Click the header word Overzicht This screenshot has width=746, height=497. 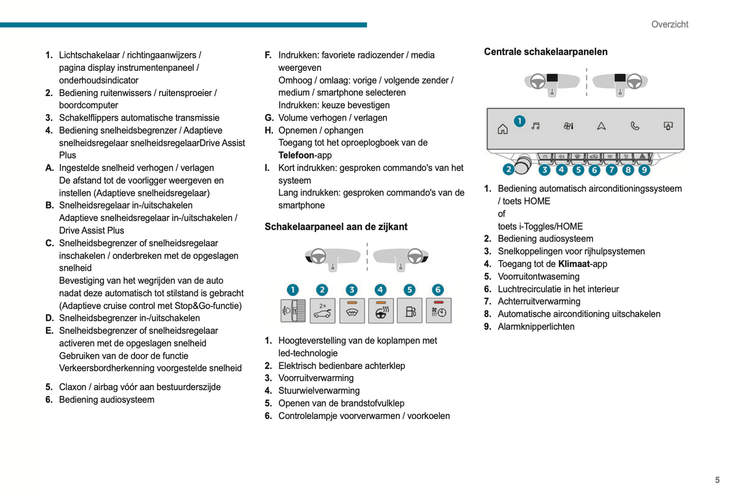click(x=669, y=24)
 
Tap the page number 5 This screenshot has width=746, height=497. click(x=717, y=480)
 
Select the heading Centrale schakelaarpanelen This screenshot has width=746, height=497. click(x=545, y=52)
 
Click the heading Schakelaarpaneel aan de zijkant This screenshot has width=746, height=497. click(x=336, y=227)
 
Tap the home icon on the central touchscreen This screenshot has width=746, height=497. click(x=502, y=129)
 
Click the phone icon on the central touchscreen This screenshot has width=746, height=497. click(x=634, y=126)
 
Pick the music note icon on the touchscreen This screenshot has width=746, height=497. click(x=536, y=126)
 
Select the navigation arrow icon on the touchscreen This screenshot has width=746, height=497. click(x=601, y=126)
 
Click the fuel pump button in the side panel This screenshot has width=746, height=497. click(x=410, y=311)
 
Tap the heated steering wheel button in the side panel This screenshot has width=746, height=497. click(x=380, y=311)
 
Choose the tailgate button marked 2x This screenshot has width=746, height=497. click(x=322, y=311)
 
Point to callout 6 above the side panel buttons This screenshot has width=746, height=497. click(x=437, y=290)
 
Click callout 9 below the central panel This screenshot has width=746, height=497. click(x=644, y=170)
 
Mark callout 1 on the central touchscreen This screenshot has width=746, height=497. click(x=519, y=121)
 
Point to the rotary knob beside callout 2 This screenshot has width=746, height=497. click(x=522, y=165)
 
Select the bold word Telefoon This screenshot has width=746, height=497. click(x=296, y=155)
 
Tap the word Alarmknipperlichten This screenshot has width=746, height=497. click(x=536, y=327)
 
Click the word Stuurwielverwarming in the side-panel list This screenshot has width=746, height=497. click(x=319, y=391)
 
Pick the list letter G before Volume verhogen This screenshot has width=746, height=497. click(x=268, y=118)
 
